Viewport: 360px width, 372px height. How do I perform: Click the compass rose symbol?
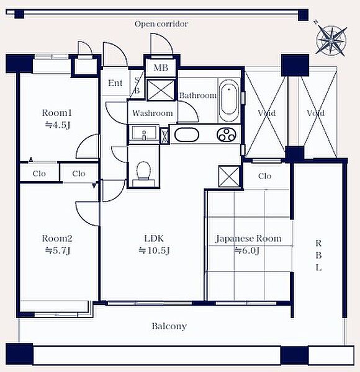pos(331,40)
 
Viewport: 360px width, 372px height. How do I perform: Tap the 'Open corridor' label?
pos(161,24)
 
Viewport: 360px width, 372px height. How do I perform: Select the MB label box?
pos(161,68)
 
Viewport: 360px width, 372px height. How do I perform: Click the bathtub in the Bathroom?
pos(228,100)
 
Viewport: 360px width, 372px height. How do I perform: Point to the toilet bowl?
pos(143,170)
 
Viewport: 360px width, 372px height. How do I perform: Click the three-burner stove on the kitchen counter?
pos(227,135)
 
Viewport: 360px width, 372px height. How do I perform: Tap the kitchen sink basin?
pos(187,135)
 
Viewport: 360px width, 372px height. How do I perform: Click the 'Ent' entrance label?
pos(115,83)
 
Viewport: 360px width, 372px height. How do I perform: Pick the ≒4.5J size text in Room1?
pos(58,125)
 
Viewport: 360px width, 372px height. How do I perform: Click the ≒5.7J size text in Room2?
pos(58,250)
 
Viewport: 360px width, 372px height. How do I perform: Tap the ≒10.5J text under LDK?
pos(154,250)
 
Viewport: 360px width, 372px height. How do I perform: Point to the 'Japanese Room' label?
pos(248,239)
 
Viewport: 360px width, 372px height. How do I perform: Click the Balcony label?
pos(169,326)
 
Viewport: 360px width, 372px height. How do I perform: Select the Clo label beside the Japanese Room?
pos(264,176)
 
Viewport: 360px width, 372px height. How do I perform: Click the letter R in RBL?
pos(318,243)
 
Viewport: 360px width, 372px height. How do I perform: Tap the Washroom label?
pos(153,113)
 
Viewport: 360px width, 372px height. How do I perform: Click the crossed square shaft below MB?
pos(161,90)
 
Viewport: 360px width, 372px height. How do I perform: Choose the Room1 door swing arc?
pos(83,143)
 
